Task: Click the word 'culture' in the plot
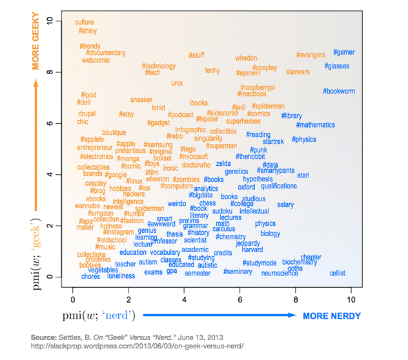(85, 23)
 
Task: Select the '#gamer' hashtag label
(344, 52)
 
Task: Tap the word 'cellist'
(338, 274)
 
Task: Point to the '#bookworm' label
(339, 91)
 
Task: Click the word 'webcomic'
(96, 60)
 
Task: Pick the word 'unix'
(177, 83)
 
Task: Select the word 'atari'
(303, 175)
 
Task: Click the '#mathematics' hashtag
(316, 125)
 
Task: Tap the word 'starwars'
(298, 72)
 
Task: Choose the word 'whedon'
(246, 58)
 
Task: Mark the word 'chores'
(91, 276)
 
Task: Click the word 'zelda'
(223, 164)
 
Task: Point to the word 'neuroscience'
(280, 274)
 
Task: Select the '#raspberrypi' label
(258, 87)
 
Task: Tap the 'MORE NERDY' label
(332, 315)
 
